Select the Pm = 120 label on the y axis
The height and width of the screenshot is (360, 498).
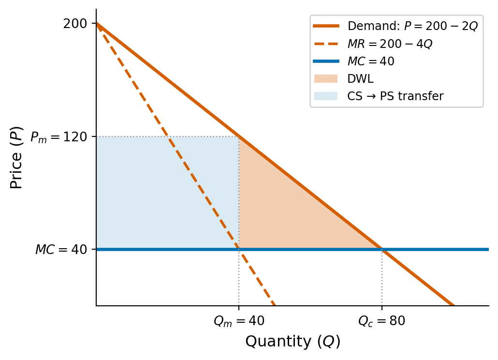coord(59,137)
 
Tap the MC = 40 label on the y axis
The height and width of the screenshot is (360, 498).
coord(62,250)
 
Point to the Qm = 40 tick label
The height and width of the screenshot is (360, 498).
coord(239,321)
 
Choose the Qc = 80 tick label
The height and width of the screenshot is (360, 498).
coord(381,321)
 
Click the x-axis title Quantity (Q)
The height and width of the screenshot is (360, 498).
coord(293,342)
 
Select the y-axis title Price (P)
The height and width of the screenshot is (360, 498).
coord(16,157)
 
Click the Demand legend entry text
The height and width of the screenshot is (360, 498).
coord(412,26)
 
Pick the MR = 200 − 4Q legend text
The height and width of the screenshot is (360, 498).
coord(390,44)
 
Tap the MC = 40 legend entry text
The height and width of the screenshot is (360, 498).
coord(371,61)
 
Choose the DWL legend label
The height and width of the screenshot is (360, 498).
coord(357,79)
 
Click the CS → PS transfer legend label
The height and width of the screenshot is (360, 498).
coord(395,96)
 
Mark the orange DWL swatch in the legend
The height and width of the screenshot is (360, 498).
coord(326,79)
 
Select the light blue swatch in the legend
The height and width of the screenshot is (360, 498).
coord(326,96)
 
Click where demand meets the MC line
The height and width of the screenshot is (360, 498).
coord(382,249)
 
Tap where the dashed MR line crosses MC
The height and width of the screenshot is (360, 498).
coord(239,249)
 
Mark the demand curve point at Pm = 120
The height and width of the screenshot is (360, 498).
coord(239,136)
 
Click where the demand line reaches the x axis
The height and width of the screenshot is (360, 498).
coord(454,305)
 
